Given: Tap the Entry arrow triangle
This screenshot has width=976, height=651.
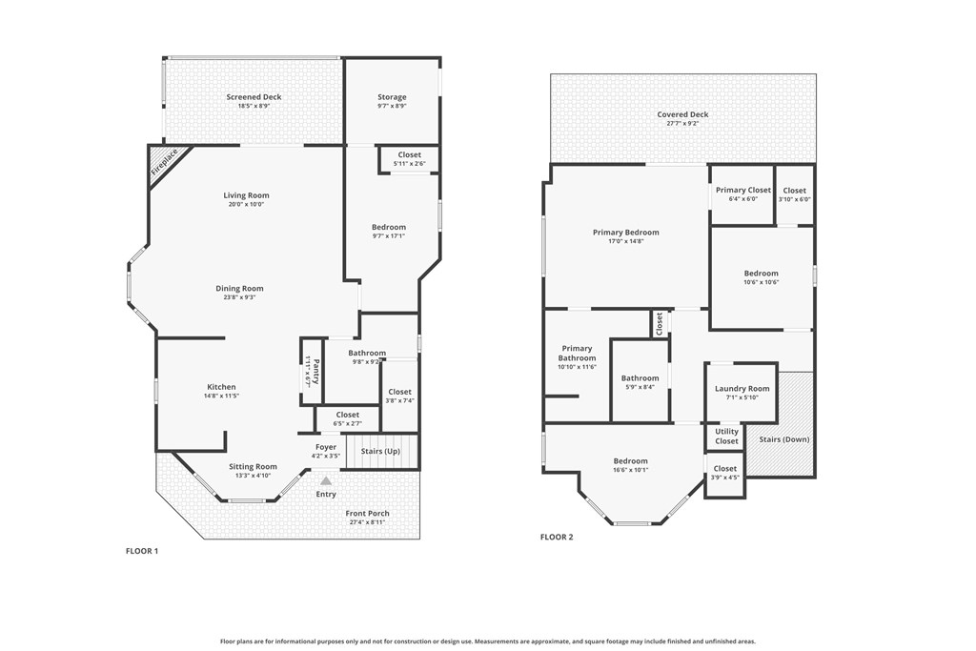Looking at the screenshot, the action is [x=326, y=480].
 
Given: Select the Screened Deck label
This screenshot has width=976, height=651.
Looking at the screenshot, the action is [x=254, y=97].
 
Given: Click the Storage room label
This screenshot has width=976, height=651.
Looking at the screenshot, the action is [x=392, y=97].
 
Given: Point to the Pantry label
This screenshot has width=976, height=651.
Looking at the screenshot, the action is [x=316, y=372].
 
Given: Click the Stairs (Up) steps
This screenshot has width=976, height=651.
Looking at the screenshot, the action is [x=381, y=451].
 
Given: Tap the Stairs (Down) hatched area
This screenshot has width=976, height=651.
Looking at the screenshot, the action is [x=781, y=424].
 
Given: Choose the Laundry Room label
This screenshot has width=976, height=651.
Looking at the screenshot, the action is [x=742, y=388].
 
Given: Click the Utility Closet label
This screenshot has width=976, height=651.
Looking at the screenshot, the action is [x=726, y=437].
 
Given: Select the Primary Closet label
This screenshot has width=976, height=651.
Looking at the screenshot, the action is [x=743, y=191].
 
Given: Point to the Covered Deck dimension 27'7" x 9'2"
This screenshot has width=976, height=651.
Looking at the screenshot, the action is [x=682, y=123].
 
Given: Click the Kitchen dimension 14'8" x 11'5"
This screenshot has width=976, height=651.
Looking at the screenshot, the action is [x=221, y=396].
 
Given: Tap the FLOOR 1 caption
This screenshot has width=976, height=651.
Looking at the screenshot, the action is [x=142, y=551].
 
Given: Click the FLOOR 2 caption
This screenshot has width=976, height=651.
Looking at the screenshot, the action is [x=557, y=538].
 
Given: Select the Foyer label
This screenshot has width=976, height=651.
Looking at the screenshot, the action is [x=326, y=447].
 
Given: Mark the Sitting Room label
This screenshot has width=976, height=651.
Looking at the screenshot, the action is [x=253, y=467].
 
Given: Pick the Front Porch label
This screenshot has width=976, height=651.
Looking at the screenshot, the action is [x=367, y=514].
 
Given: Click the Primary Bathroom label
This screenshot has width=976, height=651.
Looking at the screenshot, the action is [x=577, y=353].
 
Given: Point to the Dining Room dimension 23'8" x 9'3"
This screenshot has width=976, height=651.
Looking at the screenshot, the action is [x=239, y=297].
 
